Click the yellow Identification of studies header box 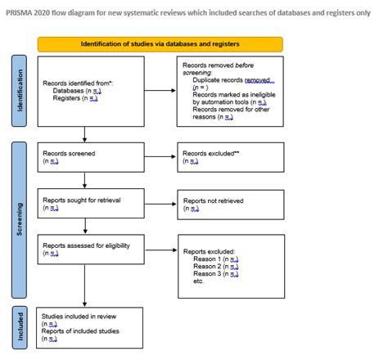[160, 44]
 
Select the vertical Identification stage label [20, 91]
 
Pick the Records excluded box [230, 156]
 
